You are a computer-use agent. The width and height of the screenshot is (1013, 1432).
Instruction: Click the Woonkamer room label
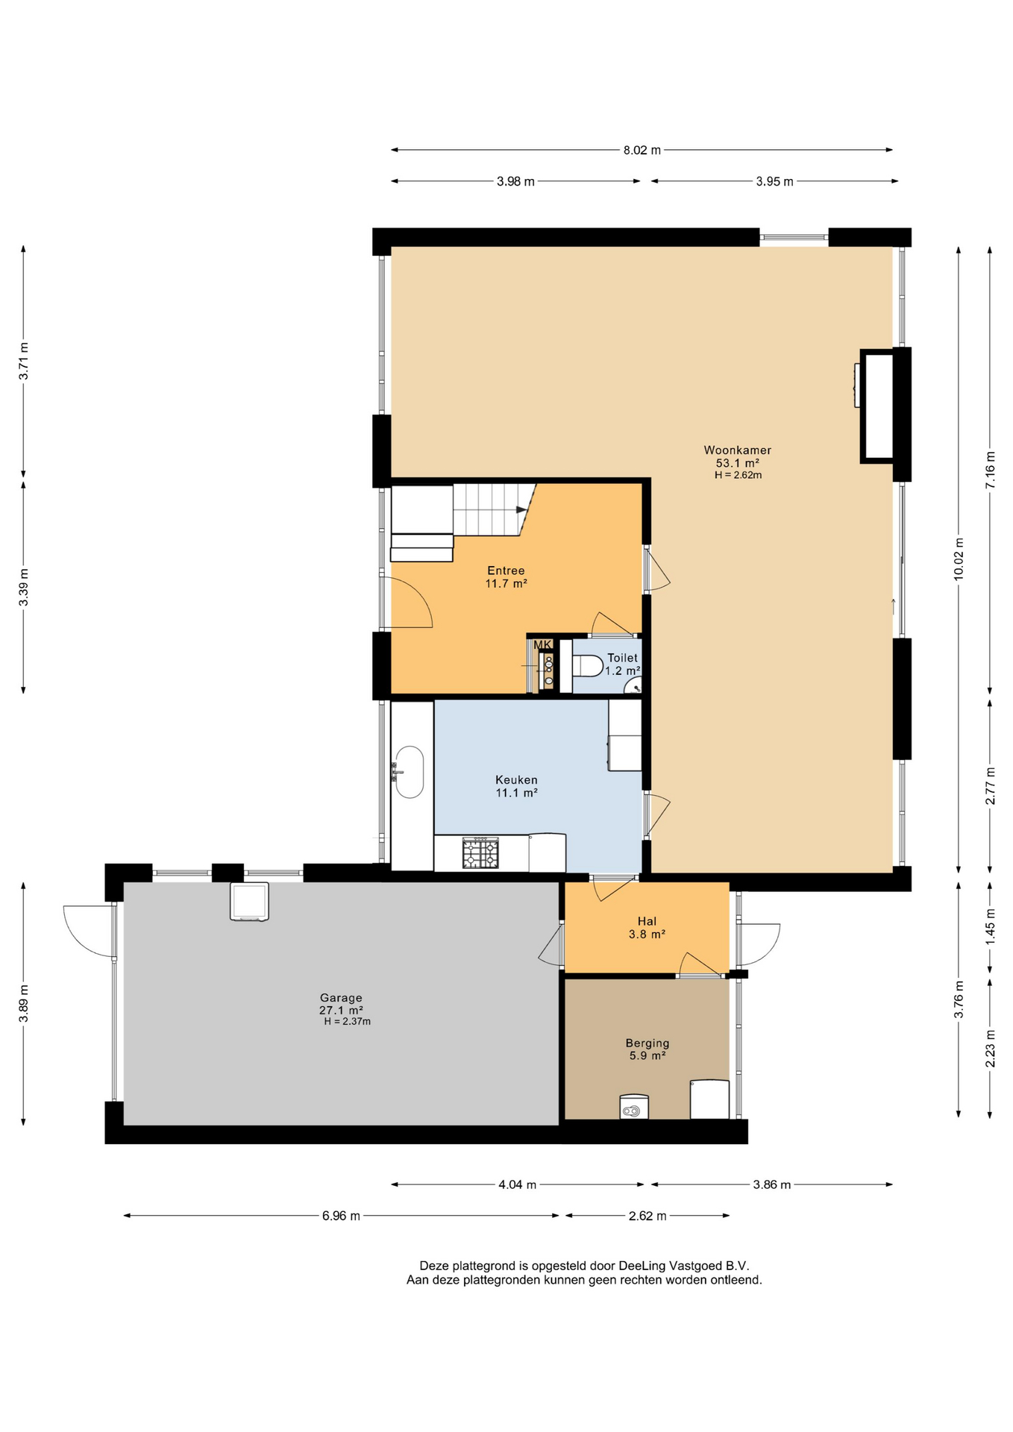(737, 450)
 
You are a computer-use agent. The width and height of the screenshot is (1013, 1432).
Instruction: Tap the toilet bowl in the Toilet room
(588, 665)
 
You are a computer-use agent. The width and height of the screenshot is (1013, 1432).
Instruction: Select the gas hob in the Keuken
(480, 853)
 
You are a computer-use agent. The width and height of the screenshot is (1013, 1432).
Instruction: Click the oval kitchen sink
(409, 772)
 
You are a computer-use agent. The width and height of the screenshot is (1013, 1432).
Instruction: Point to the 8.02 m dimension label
(642, 150)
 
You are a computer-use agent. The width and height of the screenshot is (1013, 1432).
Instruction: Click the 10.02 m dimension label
(959, 559)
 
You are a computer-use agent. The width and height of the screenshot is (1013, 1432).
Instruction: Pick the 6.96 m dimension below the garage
(341, 1216)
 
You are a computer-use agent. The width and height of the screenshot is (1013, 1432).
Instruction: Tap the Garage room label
(341, 997)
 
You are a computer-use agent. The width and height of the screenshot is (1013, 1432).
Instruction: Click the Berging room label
(647, 1043)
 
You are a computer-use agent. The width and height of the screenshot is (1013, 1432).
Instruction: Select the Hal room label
(647, 921)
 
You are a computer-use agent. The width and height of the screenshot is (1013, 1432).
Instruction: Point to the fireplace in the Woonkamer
(877, 406)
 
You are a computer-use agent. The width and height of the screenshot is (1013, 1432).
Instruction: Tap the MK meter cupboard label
(542, 644)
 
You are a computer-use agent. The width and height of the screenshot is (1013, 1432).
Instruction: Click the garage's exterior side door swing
(90, 931)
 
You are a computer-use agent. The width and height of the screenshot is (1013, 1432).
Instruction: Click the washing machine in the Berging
(634, 1107)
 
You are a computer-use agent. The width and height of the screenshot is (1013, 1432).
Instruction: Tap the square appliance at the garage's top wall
(249, 902)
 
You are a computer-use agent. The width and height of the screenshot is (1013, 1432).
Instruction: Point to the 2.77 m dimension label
(990, 785)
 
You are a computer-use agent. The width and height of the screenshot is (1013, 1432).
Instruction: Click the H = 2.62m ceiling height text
(738, 475)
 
